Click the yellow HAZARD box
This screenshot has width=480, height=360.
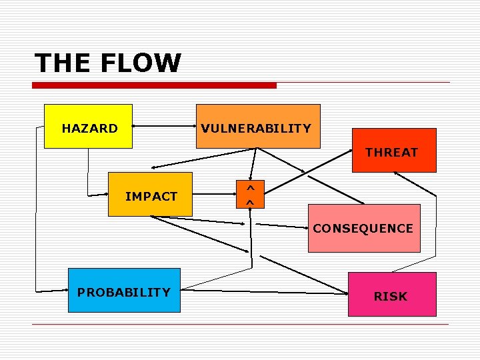pyautogui.click(x=88, y=126)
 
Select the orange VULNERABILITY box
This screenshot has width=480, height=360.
pyautogui.click(x=257, y=126)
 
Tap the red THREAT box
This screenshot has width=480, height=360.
pyautogui.click(x=393, y=150)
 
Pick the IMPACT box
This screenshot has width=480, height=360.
pyautogui.click(x=150, y=194)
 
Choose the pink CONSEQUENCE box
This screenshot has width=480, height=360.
pyautogui.click(x=364, y=228)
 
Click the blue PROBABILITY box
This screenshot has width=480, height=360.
pyautogui.click(x=124, y=290)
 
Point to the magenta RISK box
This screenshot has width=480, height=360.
pyautogui.click(x=392, y=294)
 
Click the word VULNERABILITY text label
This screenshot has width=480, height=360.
pyautogui.click(x=257, y=128)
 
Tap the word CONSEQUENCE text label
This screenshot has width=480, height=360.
pyautogui.click(x=363, y=228)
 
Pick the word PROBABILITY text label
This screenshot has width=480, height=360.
pyautogui.click(x=124, y=292)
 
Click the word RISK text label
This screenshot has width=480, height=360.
pyautogui.click(x=391, y=296)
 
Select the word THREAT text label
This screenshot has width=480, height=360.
pyautogui.click(x=392, y=152)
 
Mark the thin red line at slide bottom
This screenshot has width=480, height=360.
pyautogui.click(x=240, y=325)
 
